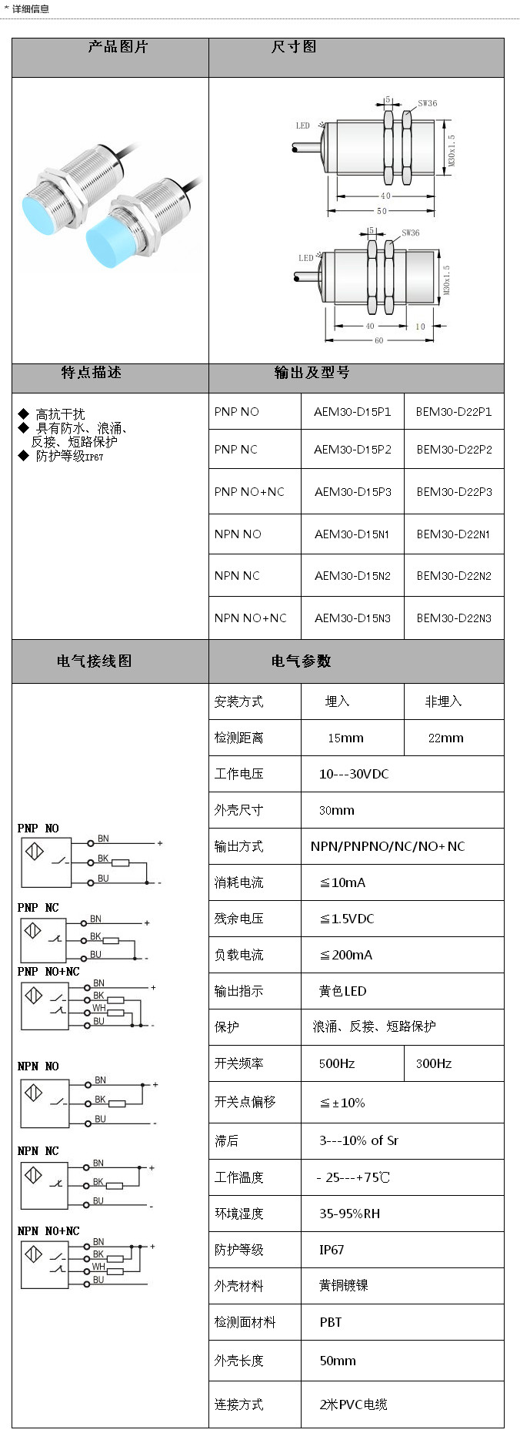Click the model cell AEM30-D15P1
pyautogui.click(x=352, y=412)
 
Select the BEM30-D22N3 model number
pyautogui.click(x=454, y=618)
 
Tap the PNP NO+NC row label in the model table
pyautogui.click(x=249, y=491)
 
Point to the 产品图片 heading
pyautogui.click(x=117, y=47)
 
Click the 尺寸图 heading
pyautogui.click(x=293, y=47)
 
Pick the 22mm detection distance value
pyautogui.click(x=445, y=738)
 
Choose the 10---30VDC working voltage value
pyautogui.click(x=354, y=774)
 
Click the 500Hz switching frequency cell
pyautogui.click(x=337, y=1063)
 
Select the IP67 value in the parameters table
pyautogui.click(x=332, y=1250)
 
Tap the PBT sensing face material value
pyautogui.click(x=331, y=1322)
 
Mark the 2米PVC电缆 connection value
pyautogui.click(x=353, y=1405)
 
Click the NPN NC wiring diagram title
pyautogui.click(x=38, y=1151)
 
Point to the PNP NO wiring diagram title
pyautogui.click(x=38, y=829)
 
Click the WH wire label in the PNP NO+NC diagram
pyautogui.click(x=99, y=1008)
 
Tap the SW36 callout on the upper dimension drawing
pyautogui.click(x=428, y=103)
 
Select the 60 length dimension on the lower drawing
pyautogui.click(x=378, y=340)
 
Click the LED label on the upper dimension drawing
pyautogui.click(x=303, y=126)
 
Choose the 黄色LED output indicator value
pyautogui.click(x=342, y=991)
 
